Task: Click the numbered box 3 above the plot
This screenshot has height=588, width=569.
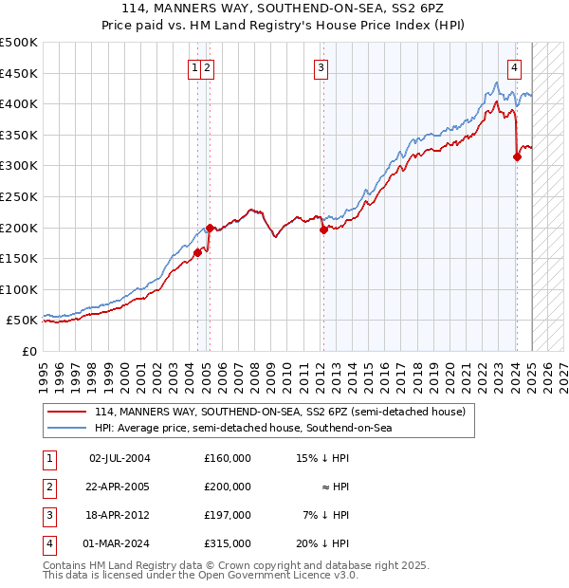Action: point(321,67)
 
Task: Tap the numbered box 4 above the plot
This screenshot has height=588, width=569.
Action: point(514,67)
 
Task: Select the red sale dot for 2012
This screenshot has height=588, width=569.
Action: point(323,229)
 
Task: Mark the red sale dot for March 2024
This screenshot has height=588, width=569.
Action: point(517,156)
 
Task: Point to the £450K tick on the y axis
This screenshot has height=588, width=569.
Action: point(19,73)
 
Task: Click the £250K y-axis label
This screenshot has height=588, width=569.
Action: point(19,196)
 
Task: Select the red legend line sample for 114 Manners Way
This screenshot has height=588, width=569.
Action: point(66,413)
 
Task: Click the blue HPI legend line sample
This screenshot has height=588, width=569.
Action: point(66,429)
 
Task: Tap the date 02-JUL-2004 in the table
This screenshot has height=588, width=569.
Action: point(119,458)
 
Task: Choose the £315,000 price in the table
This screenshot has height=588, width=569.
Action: point(227,543)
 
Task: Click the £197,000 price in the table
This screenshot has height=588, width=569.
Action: point(227,515)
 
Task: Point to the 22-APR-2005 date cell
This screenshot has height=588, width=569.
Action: point(119,487)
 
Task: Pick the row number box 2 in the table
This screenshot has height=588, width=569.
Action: point(47,487)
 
